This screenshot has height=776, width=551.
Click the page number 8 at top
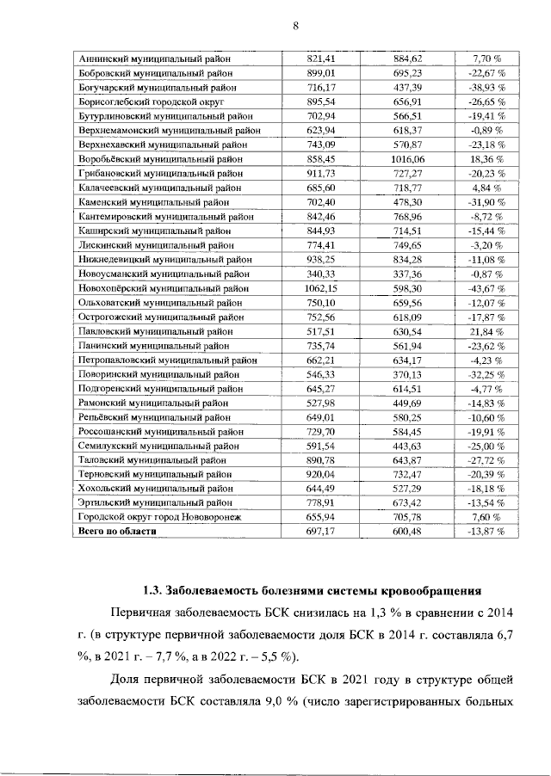coord(295,26)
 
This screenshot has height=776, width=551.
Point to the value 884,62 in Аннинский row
coord(408,59)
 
